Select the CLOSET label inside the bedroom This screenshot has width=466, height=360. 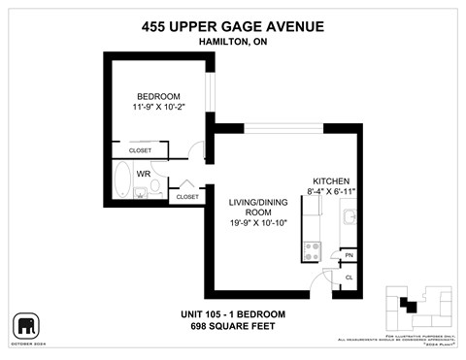[141, 150]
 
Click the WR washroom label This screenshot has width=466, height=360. [143, 175]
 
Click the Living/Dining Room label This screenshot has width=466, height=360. [256, 207]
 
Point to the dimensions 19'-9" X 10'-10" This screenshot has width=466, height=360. [256, 224]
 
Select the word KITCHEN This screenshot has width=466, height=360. [330, 180]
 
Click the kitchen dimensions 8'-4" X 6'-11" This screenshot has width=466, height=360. [331, 192]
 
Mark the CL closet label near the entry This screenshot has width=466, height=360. [349, 277]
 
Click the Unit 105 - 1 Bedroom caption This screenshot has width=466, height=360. [233, 313]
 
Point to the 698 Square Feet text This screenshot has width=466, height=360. [233, 326]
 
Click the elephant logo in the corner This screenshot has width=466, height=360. [26, 324]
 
